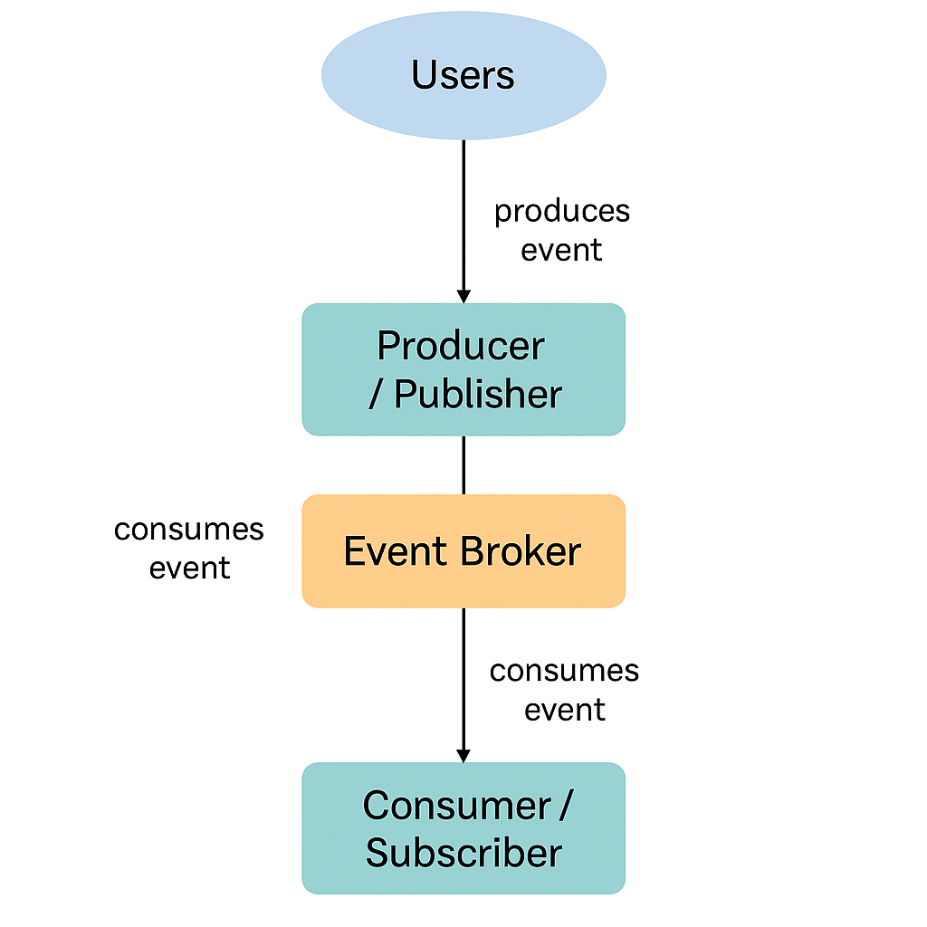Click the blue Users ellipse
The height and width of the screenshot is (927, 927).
click(x=463, y=75)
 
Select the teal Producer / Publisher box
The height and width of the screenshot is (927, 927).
click(x=463, y=369)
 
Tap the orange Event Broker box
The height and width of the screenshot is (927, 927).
click(x=463, y=550)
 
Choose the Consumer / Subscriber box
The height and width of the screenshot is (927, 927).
click(x=463, y=828)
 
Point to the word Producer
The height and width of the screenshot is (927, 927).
click(x=461, y=347)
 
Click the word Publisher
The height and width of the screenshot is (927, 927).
click(x=478, y=395)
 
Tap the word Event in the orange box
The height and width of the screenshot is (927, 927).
click(x=397, y=551)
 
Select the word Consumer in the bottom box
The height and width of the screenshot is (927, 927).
click(x=456, y=806)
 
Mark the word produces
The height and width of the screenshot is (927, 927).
click(x=561, y=211)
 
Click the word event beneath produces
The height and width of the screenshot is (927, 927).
click(x=561, y=250)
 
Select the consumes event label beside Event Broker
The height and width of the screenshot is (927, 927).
click(x=189, y=549)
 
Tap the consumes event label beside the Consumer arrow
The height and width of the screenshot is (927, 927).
click(x=564, y=690)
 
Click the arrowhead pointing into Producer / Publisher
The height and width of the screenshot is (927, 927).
click(x=463, y=296)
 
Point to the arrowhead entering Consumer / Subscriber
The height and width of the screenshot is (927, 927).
click(x=463, y=755)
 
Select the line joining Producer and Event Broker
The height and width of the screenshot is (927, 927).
click(x=463, y=464)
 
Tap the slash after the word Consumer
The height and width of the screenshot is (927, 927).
click(x=565, y=806)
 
